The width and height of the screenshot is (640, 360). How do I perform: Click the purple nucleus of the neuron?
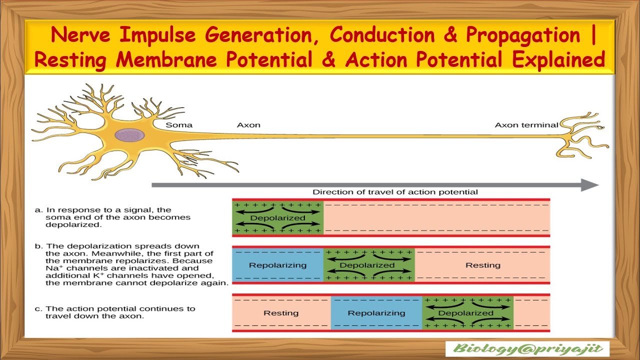click(x=130, y=135)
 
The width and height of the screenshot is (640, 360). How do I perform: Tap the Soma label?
click(x=179, y=125)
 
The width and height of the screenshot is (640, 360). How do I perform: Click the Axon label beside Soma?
click(x=248, y=125)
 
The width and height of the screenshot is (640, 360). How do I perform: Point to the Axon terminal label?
click(x=526, y=125)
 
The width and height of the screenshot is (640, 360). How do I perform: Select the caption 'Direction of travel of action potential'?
click(x=395, y=192)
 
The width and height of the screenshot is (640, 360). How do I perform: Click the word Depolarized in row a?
click(x=277, y=218)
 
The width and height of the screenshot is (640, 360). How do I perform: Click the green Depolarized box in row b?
click(x=369, y=265)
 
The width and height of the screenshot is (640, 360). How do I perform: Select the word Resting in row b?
click(x=482, y=265)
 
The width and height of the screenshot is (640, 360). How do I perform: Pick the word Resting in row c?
click(x=281, y=313)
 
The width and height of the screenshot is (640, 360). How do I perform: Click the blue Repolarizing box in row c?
click(x=376, y=313)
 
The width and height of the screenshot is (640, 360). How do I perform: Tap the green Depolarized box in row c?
click(x=467, y=313)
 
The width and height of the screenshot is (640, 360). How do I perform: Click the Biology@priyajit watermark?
click(x=527, y=348)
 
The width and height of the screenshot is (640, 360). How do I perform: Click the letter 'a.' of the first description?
click(x=38, y=210)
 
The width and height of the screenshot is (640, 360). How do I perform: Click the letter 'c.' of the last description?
click(x=38, y=308)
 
